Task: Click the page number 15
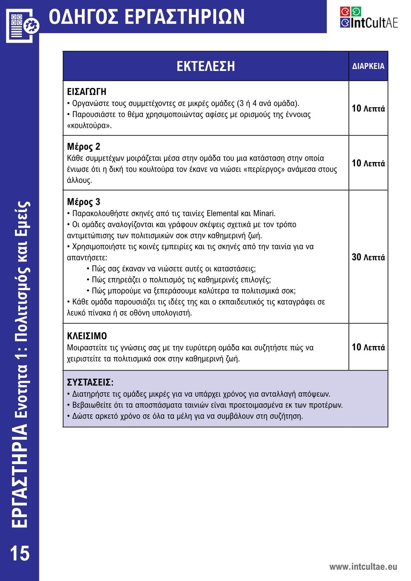(20, 553)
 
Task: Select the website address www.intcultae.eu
(363, 566)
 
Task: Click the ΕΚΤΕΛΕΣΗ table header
(206, 66)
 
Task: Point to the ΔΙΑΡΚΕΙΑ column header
(368, 66)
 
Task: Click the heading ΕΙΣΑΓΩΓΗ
(87, 91)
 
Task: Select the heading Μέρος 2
(84, 146)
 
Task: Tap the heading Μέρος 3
(84, 202)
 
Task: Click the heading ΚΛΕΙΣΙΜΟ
(87, 336)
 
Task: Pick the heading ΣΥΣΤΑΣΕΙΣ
(90, 382)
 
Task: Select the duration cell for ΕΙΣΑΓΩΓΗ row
(368, 108)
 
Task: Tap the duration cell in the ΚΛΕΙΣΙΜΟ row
(368, 347)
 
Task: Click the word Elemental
(222, 213)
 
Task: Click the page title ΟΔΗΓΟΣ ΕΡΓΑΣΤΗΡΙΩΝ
(147, 17)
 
